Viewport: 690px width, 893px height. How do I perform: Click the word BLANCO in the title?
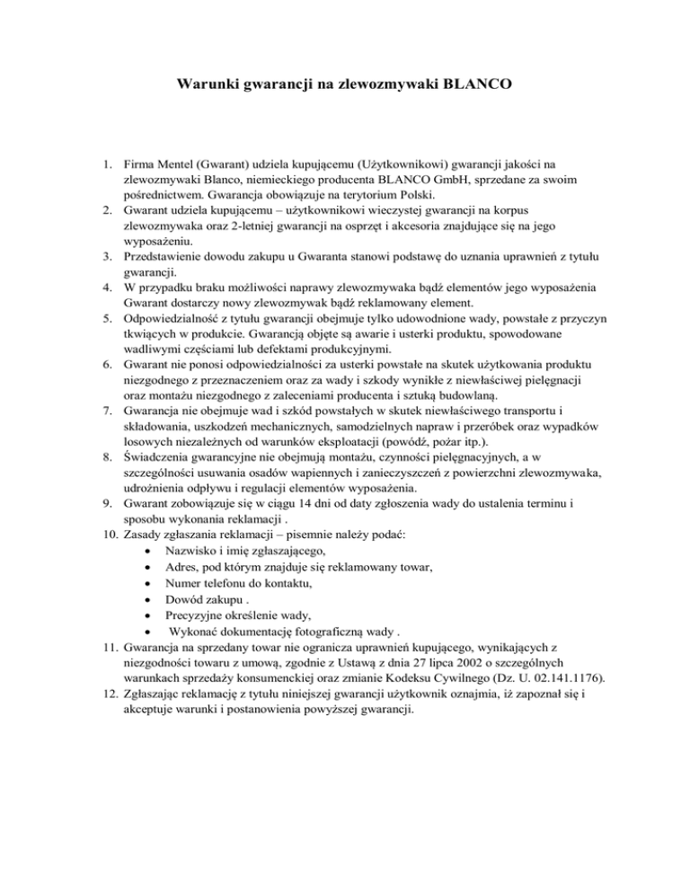tap(478, 87)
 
